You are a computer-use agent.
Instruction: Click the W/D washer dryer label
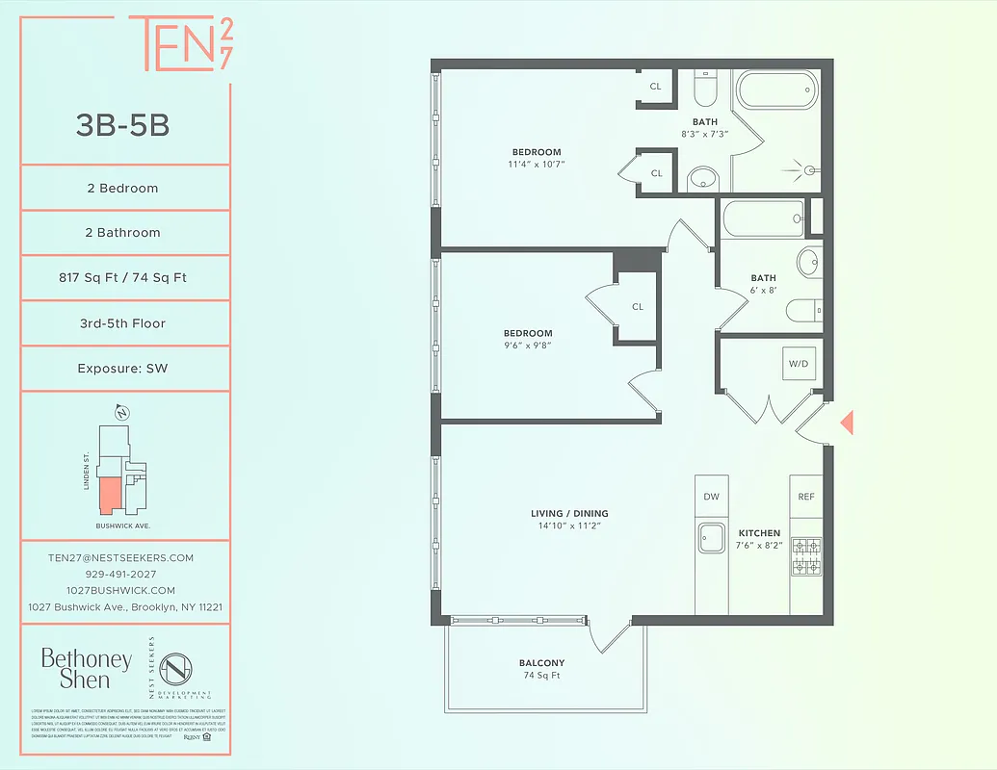point(798,364)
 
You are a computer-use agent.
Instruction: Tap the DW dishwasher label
point(712,497)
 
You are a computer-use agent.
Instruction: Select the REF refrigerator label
point(806,497)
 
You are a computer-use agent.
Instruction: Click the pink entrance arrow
point(847,422)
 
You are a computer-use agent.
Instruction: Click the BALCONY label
point(541,663)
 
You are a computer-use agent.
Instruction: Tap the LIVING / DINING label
point(569,513)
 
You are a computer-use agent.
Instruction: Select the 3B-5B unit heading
point(122,124)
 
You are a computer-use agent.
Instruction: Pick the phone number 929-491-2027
point(120,574)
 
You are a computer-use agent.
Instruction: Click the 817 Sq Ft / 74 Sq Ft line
point(122,278)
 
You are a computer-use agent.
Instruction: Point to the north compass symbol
point(122,413)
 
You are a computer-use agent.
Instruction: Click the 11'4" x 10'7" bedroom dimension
point(537,165)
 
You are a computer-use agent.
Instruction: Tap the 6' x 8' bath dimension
point(763,291)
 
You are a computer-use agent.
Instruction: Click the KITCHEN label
point(759,533)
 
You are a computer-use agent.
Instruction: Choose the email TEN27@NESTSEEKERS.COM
point(120,558)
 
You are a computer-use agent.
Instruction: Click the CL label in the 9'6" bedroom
point(638,307)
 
